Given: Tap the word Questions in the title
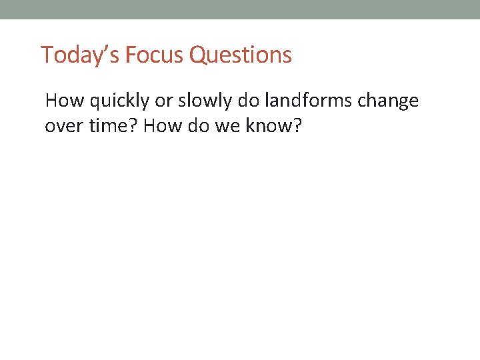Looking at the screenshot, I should (241, 55).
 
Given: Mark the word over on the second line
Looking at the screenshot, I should (63, 127).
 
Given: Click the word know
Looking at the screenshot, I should (269, 126).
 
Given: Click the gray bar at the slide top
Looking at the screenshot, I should (240, 9).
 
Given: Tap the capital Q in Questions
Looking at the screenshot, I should (198, 55).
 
